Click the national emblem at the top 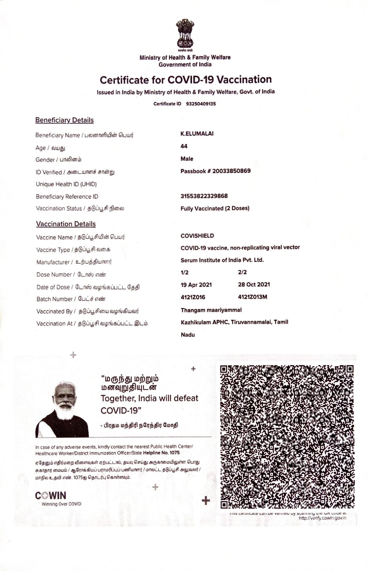[185, 34]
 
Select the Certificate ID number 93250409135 [201, 104]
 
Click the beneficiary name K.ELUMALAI [197, 133]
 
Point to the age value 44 [184, 146]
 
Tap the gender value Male [187, 159]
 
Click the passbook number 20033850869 [231, 171]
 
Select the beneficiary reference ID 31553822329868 [204, 196]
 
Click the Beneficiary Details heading [64, 120]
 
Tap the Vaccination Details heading [66, 224]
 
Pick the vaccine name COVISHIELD [197, 236]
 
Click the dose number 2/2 [242, 272]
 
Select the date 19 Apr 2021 [196, 285]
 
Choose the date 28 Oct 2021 [254, 284]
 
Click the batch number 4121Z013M [252, 297]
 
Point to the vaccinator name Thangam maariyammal [211, 310]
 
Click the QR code [287, 436]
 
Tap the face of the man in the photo [65, 398]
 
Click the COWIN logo [51, 496]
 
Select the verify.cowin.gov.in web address [322, 518]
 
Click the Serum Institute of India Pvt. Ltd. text [222, 260]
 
